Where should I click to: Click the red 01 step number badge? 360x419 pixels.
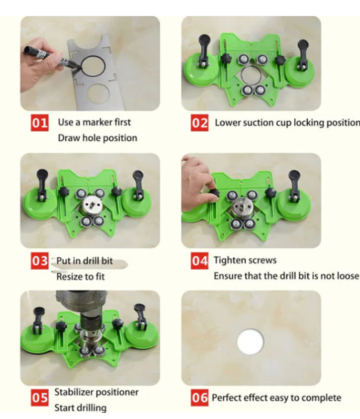pos(40,123)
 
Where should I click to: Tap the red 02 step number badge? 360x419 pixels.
pos(199,123)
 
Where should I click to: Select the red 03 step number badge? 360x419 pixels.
pos(40,261)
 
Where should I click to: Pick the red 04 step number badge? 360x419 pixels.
pos(199,261)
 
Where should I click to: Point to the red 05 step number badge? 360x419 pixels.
pos(40,397)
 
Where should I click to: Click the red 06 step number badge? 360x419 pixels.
pos(199,397)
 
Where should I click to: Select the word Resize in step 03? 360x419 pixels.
pos(68,276)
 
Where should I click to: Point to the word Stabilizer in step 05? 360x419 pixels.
pos(74,392)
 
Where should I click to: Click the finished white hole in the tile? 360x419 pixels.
pos(250,342)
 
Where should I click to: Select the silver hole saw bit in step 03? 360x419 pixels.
pos(92,205)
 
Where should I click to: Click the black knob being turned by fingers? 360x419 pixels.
pos(214,192)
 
